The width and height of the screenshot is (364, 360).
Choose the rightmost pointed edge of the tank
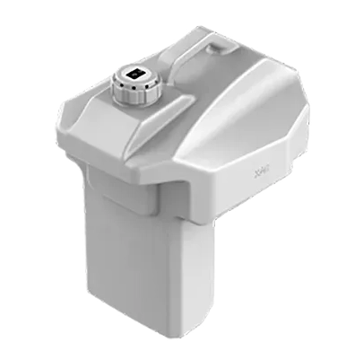coord(309,135)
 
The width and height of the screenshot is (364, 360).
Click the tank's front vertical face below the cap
coord(134,148)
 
